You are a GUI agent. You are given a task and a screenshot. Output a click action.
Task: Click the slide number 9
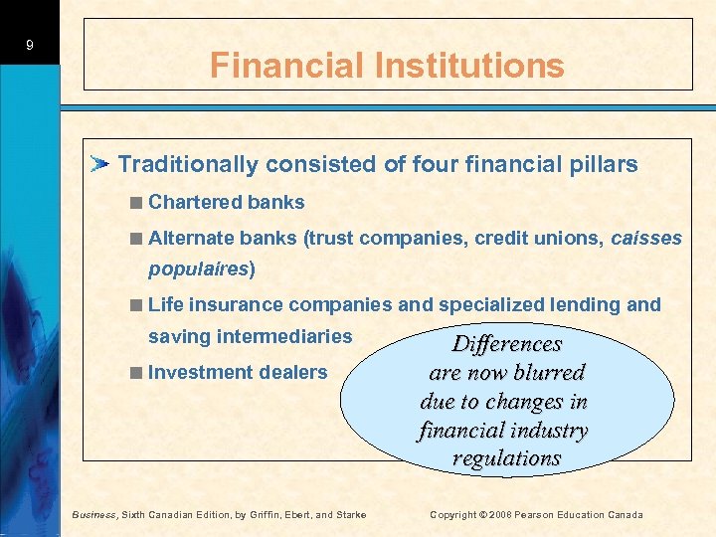30,45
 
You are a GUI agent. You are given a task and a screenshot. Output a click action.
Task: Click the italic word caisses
646,238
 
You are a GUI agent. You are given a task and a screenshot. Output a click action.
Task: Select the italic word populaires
199,268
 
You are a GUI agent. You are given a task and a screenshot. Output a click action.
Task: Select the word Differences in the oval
507,344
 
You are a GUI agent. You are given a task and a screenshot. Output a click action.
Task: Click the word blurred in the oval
548,373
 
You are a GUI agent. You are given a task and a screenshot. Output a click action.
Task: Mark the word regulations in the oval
506,458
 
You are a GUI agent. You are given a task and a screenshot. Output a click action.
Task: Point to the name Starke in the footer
350,514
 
